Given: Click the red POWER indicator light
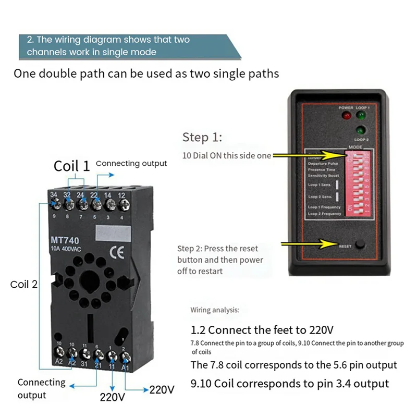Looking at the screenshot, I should click(344, 115).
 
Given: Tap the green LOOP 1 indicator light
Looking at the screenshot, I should click(360, 116).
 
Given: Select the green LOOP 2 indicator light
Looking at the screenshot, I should click(360, 130).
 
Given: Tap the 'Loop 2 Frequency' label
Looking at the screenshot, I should click(324, 214).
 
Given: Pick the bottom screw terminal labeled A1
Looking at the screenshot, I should click(125, 358).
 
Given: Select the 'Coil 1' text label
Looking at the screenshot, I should click(72, 166).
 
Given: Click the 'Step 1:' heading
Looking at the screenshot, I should click(202, 137).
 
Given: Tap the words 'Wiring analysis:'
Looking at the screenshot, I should click(214, 310).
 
